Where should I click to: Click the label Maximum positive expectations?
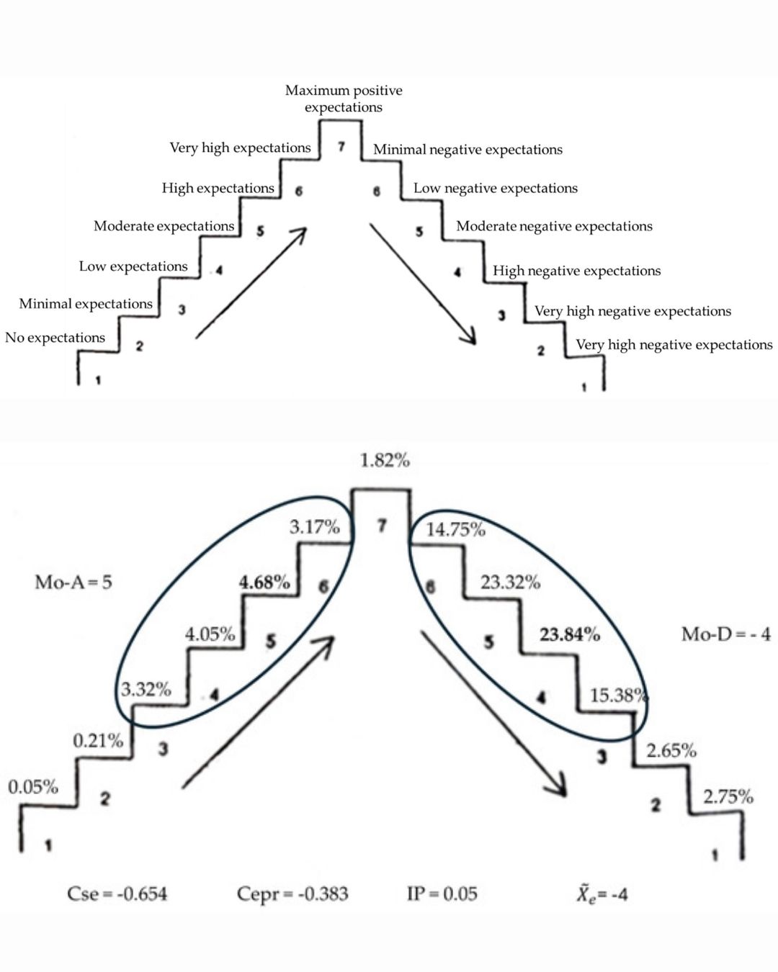click(x=344, y=99)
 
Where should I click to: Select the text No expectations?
click(x=55, y=338)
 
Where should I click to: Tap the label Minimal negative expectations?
click(x=468, y=150)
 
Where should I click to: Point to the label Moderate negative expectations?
click(x=554, y=226)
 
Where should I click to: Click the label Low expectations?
click(x=133, y=266)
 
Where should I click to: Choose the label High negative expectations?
click(x=576, y=271)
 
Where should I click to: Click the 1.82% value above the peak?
click(x=385, y=460)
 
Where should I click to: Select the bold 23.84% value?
click(x=570, y=634)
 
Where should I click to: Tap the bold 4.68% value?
click(x=264, y=582)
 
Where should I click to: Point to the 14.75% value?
click(x=455, y=530)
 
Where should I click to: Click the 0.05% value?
click(x=33, y=787)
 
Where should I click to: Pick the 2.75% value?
click(x=728, y=796)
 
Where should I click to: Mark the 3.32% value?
click(x=146, y=690)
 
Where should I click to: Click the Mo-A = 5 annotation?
click(x=73, y=582)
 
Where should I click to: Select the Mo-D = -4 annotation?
click(x=725, y=634)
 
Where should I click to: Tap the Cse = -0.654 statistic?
click(x=117, y=894)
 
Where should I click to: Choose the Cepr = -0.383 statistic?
click(x=292, y=894)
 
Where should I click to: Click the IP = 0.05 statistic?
click(x=442, y=894)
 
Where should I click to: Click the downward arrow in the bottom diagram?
click(x=493, y=713)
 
